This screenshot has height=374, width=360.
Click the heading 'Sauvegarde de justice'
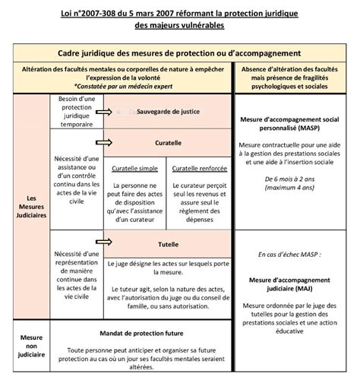pyautogui.click(x=169, y=112)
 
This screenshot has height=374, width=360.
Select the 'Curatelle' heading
pyautogui.click(x=167, y=142)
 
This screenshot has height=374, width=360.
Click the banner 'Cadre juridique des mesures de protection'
pyautogui.click(x=180, y=53)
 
